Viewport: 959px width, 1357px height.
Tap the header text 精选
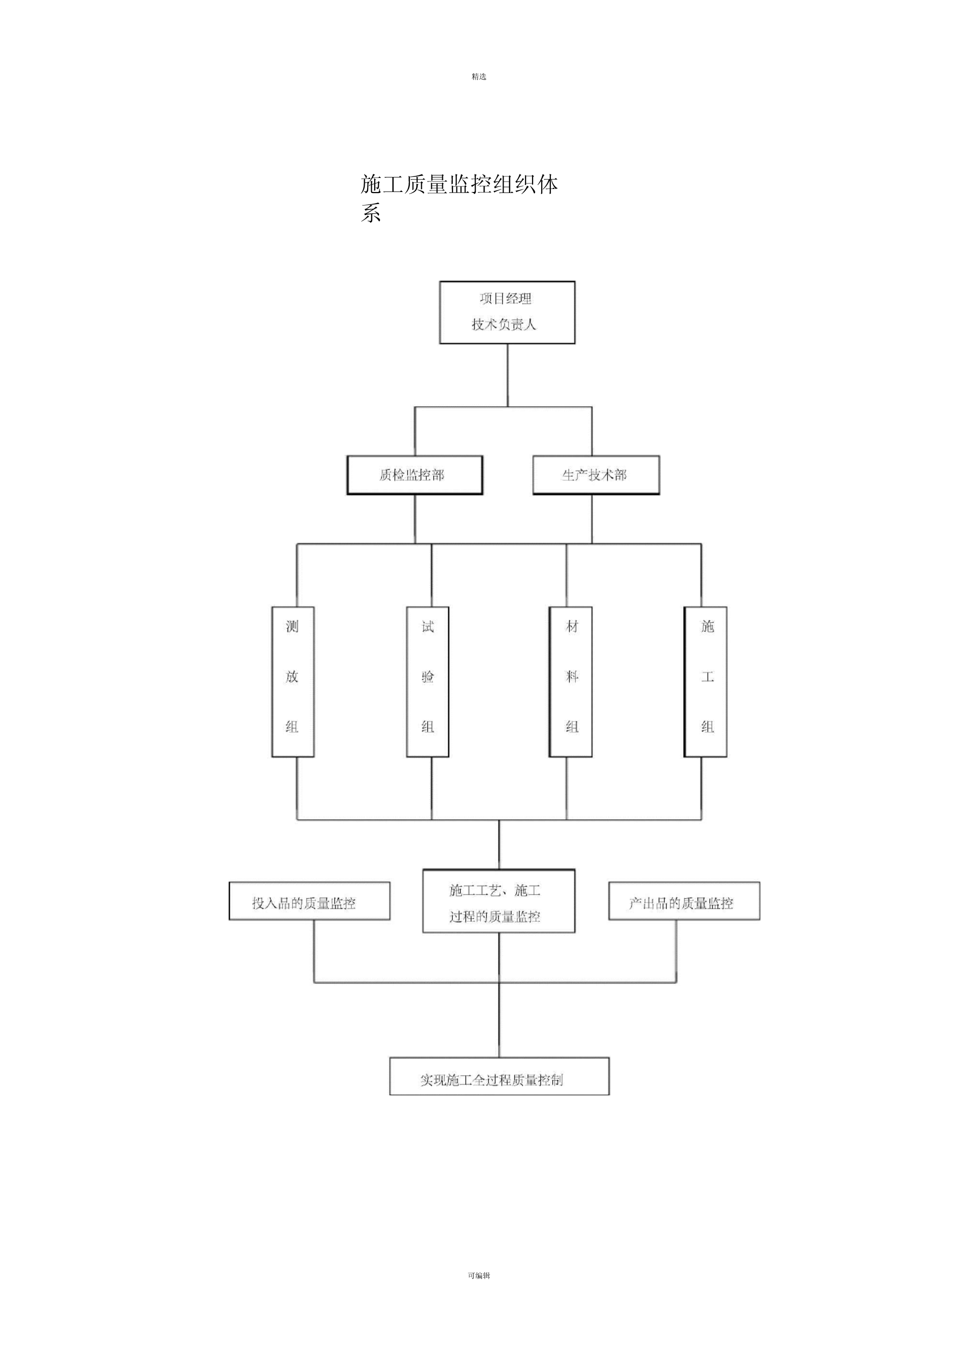pyautogui.click(x=479, y=77)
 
